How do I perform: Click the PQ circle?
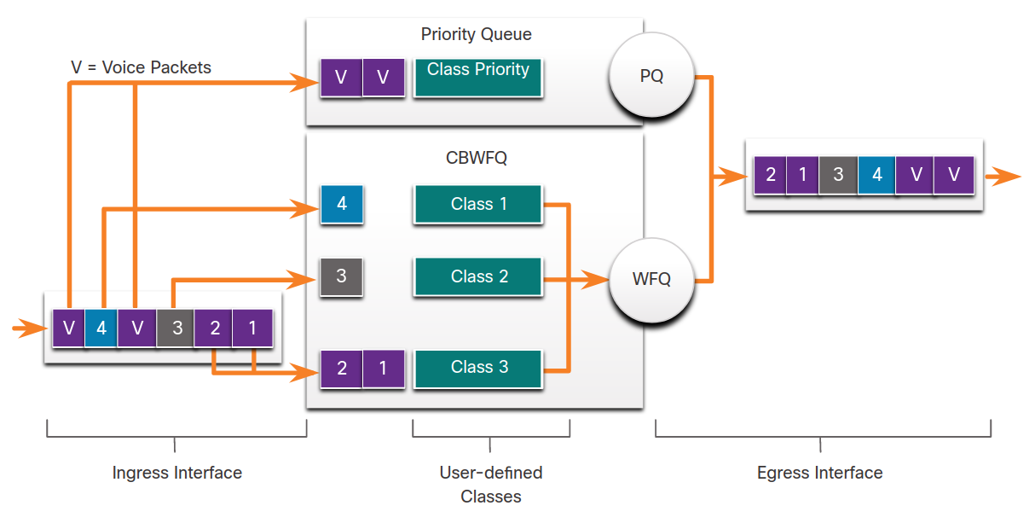point(651,75)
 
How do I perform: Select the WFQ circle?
point(651,280)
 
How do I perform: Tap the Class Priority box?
point(478,78)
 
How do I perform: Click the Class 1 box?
point(478,204)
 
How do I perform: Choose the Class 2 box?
point(478,276)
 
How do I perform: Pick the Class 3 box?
point(478,368)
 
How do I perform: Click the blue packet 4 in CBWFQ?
point(342,204)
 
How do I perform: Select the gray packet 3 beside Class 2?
point(342,276)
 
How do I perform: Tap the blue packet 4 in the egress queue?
point(876,175)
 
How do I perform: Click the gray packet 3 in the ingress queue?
point(175,328)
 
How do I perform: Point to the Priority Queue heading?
point(476,34)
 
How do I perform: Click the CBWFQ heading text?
point(476,158)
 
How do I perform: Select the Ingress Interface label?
point(177,473)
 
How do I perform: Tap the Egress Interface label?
point(819,473)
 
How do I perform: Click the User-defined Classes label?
point(491,484)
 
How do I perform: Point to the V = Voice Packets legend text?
point(141,67)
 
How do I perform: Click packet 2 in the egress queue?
point(770,175)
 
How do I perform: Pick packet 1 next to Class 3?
point(383,369)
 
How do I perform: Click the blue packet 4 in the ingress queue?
point(101,328)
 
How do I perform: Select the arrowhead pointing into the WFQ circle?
point(595,279)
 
